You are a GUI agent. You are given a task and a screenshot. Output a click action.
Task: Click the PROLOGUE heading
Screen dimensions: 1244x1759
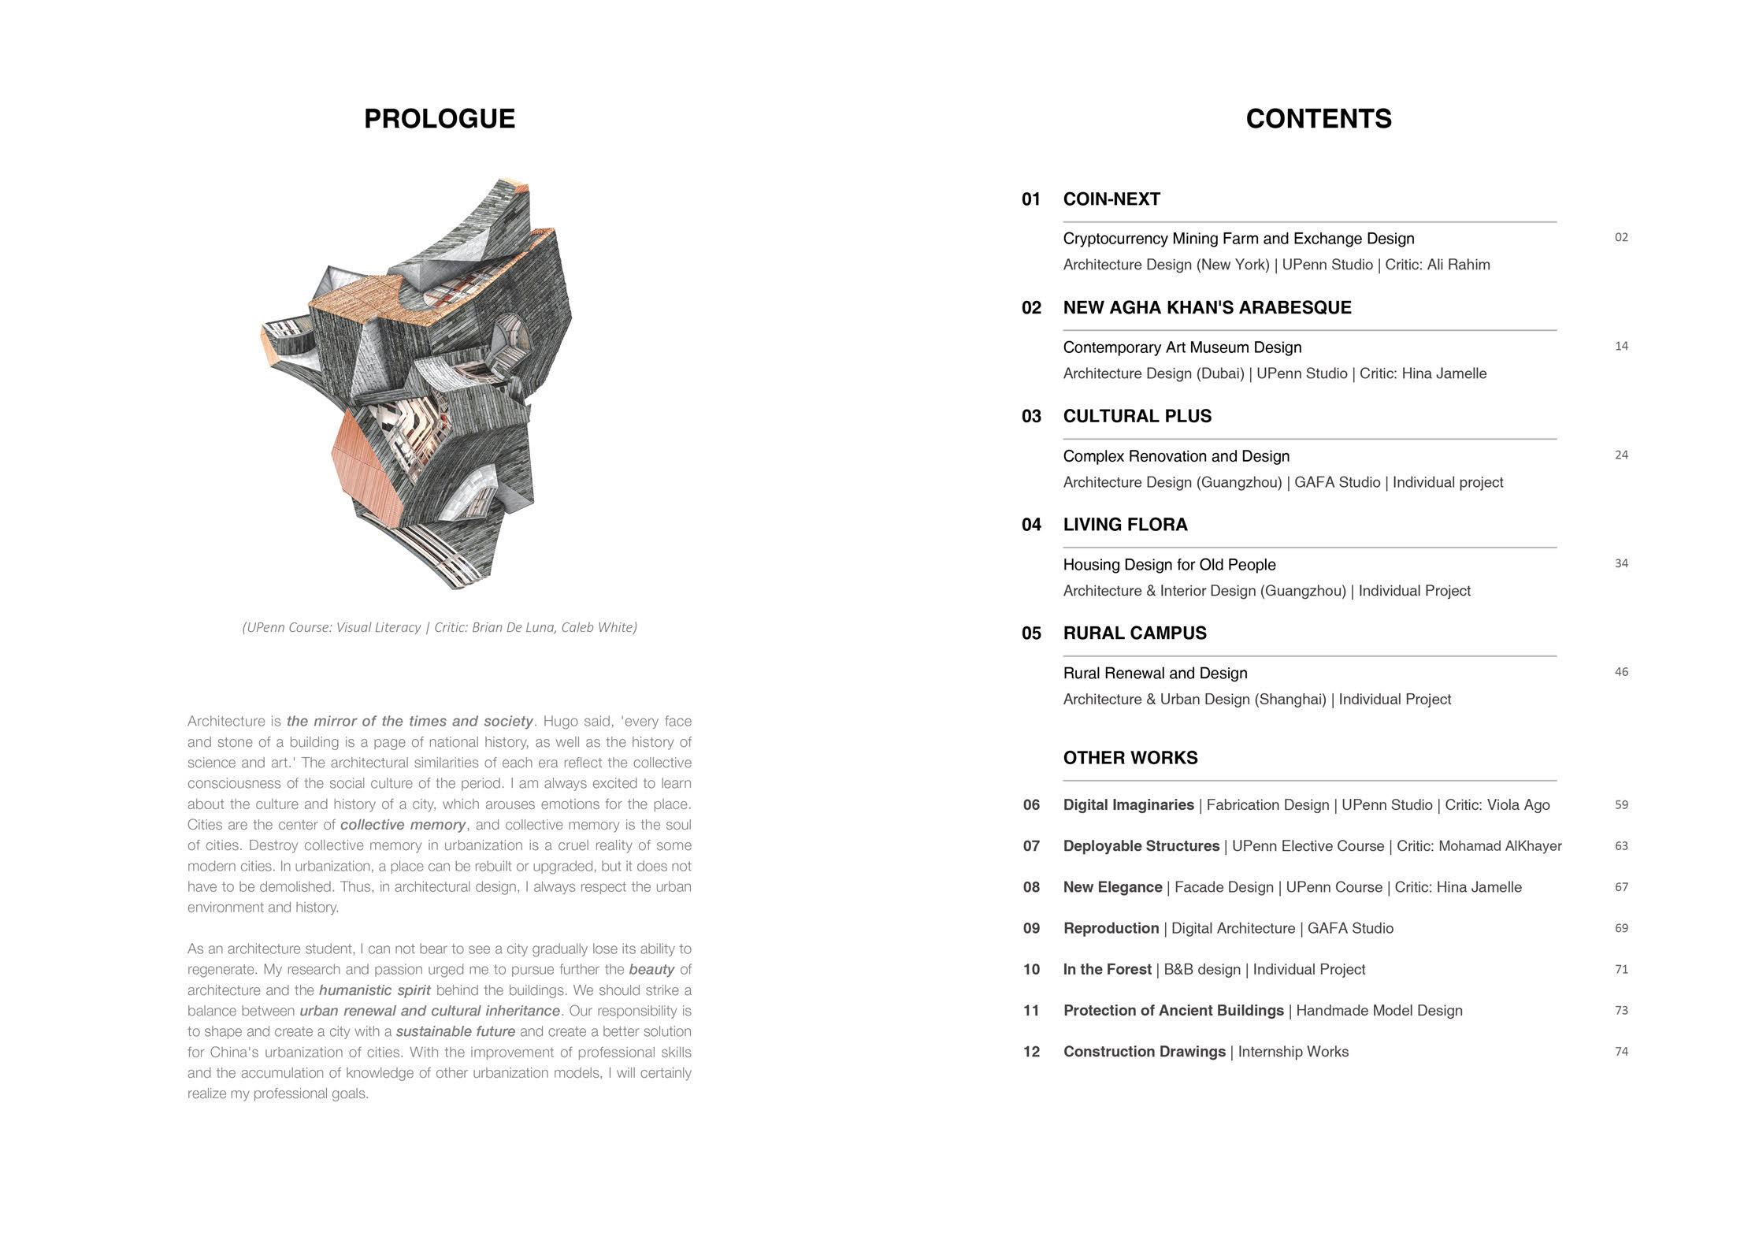click(x=439, y=119)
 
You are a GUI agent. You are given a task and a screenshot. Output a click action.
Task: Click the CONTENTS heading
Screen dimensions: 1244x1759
click(x=1318, y=119)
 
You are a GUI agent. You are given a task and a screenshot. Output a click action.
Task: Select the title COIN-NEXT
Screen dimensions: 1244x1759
click(x=1111, y=199)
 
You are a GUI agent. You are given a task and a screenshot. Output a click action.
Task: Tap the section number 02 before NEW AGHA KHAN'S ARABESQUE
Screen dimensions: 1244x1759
click(x=1031, y=308)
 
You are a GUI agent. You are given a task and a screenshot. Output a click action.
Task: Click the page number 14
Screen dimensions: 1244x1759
click(x=1620, y=347)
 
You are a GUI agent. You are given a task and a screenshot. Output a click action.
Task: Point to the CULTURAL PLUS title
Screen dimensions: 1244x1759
click(x=1137, y=416)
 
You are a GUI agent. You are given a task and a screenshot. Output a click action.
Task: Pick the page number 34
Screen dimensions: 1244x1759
click(x=1620, y=563)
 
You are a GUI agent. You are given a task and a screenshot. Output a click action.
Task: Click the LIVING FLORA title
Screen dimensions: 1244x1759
click(x=1125, y=525)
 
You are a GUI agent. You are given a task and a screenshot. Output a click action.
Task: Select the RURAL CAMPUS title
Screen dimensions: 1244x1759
click(x=1134, y=633)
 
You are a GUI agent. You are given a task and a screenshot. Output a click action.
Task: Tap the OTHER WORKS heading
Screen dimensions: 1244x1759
click(x=1130, y=758)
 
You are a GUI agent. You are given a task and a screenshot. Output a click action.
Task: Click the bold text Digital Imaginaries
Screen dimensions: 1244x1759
click(x=1128, y=805)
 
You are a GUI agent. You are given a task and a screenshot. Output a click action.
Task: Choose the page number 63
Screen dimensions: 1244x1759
click(x=1620, y=846)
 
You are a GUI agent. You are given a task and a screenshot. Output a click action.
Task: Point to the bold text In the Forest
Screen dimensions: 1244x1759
click(x=1107, y=970)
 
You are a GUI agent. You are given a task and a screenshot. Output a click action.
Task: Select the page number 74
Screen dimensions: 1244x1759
click(x=1620, y=1052)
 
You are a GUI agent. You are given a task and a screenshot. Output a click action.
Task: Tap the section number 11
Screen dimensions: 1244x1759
click(x=1031, y=1011)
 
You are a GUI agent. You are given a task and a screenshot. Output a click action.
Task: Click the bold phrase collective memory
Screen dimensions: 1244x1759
click(x=403, y=825)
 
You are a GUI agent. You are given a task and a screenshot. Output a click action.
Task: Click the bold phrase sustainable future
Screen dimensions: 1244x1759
click(x=455, y=1031)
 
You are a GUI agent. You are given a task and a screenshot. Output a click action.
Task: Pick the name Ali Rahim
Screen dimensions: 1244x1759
click(x=1458, y=265)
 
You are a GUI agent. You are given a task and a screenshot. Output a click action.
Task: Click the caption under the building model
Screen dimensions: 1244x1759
click(x=439, y=627)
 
